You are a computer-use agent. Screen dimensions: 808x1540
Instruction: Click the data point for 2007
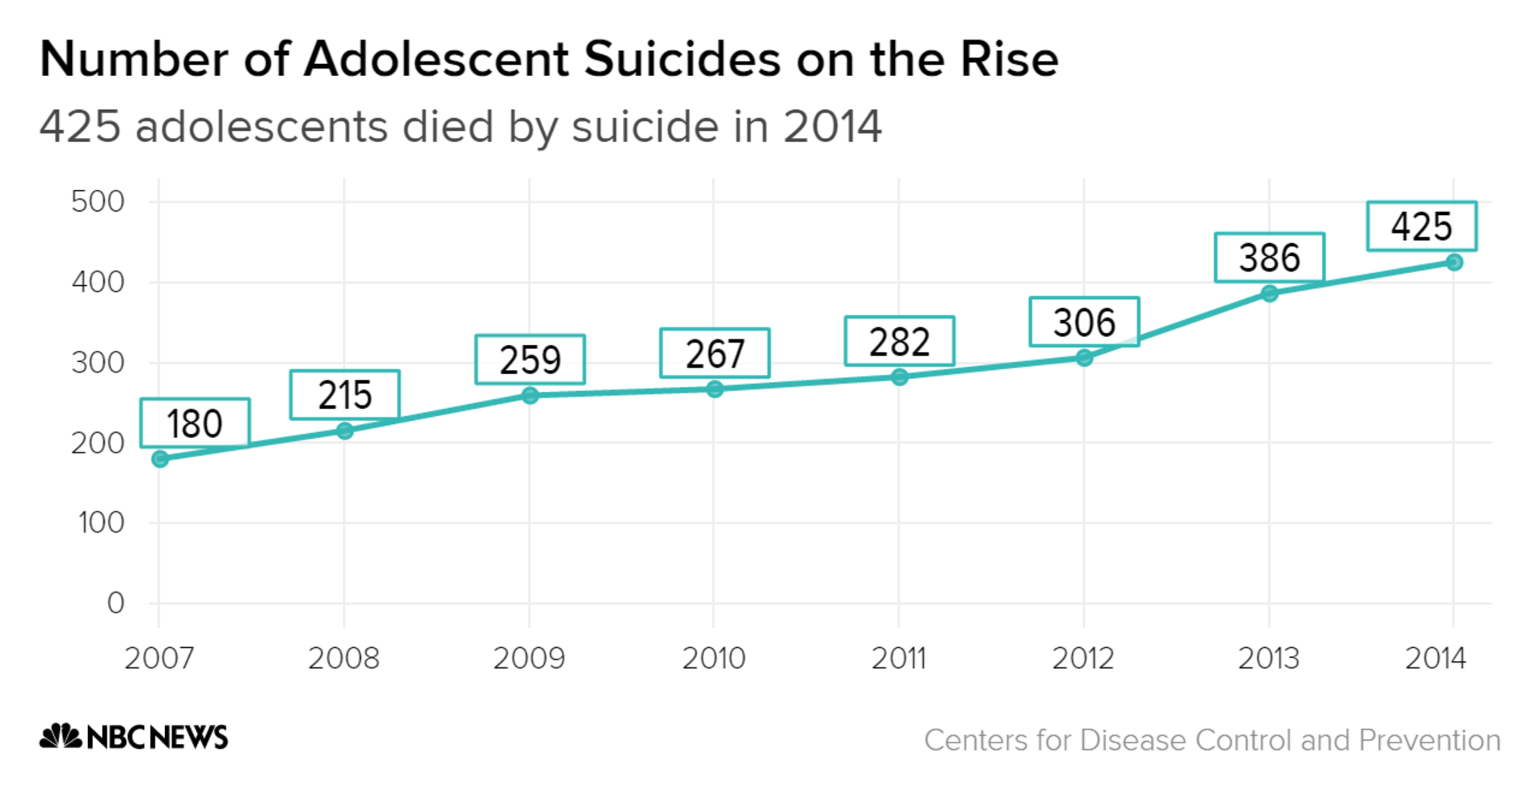[160, 459]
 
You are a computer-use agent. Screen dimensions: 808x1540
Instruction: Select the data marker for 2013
[1269, 293]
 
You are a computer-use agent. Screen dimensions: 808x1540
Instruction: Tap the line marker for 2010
[715, 389]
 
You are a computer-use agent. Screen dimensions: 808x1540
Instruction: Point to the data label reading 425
[1421, 226]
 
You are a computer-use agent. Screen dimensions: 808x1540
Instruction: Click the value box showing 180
[195, 423]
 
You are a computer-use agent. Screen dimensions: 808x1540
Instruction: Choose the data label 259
[530, 360]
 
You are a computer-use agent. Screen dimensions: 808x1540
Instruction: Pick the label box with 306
[1084, 322]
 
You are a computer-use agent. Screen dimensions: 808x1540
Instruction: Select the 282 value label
[899, 342]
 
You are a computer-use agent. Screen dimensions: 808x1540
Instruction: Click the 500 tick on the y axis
[98, 202]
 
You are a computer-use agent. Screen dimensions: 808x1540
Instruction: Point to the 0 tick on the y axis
[116, 603]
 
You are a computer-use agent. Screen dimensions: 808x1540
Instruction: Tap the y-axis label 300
[98, 363]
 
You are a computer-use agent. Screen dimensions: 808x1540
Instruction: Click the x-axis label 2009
[529, 659]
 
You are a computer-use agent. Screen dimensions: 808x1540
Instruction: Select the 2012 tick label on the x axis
[1082, 659]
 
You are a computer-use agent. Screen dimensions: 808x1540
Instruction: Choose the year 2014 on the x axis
[1435, 659]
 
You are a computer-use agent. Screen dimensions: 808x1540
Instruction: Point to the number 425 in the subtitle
[80, 127]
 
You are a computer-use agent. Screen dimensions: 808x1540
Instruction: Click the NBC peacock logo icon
[61, 736]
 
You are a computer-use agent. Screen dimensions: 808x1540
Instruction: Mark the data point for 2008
[344, 431]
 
